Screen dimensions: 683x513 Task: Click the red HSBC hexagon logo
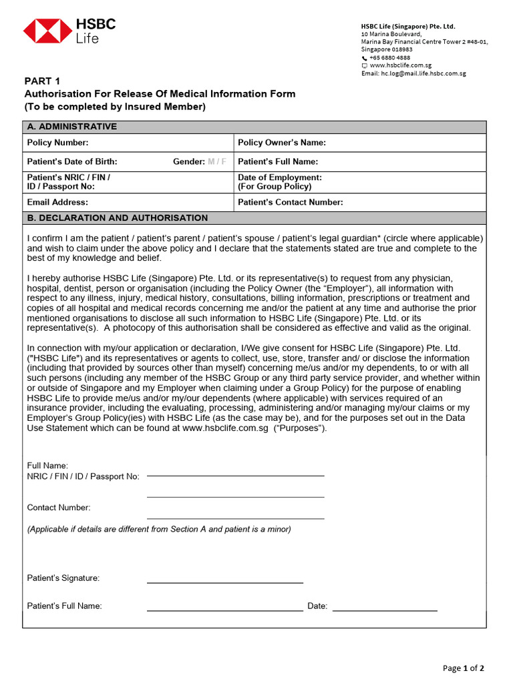(47, 31)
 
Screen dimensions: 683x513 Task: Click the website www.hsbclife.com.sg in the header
(400, 65)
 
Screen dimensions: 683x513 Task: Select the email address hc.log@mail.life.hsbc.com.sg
(423, 73)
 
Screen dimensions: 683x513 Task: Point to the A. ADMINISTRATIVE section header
(71, 127)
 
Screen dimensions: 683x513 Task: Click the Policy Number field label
(57, 143)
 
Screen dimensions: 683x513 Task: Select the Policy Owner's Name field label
(282, 143)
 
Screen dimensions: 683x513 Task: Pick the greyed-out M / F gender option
(217, 161)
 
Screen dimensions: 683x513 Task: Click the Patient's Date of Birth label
(72, 161)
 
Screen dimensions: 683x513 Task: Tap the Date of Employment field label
(279, 178)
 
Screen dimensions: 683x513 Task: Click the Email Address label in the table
(57, 202)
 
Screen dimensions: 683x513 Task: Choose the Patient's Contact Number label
(291, 202)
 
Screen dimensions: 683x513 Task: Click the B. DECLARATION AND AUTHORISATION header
(117, 218)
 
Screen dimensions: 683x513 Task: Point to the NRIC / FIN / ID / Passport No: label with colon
(83, 476)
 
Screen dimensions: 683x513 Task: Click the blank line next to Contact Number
(235, 518)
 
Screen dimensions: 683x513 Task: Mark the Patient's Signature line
(224, 582)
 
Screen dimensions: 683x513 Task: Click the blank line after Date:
(385, 610)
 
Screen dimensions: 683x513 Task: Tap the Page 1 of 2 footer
(464, 668)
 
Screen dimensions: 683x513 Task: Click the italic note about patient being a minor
(159, 529)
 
